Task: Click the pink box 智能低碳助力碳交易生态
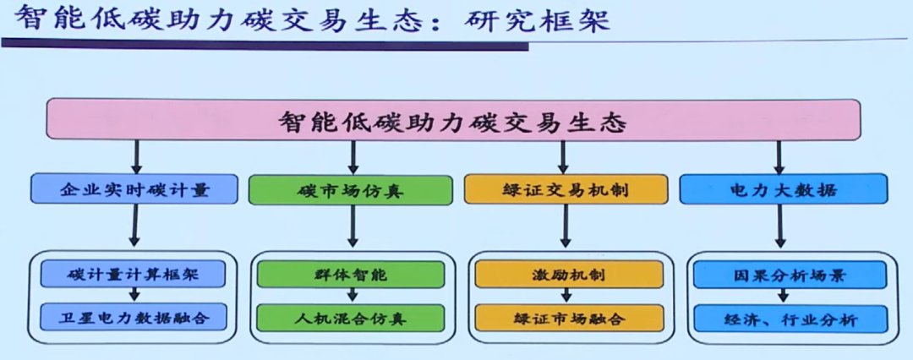(x=453, y=119)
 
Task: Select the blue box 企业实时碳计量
(x=134, y=188)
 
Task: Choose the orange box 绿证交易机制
(x=566, y=188)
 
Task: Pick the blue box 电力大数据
(x=783, y=188)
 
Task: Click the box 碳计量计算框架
(x=133, y=274)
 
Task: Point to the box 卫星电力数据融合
(x=133, y=317)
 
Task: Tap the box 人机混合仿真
(x=351, y=318)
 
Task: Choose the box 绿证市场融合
(x=569, y=318)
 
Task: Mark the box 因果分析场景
(x=790, y=275)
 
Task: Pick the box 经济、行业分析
(x=790, y=319)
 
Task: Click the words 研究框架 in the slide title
(x=537, y=20)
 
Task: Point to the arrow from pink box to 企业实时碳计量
(x=136, y=156)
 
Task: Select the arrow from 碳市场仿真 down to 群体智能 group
(x=353, y=226)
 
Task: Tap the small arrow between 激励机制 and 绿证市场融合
(x=566, y=296)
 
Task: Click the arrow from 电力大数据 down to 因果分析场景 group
(x=780, y=226)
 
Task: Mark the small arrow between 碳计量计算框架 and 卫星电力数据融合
(x=134, y=295)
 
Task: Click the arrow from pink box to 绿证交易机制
(x=563, y=156)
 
